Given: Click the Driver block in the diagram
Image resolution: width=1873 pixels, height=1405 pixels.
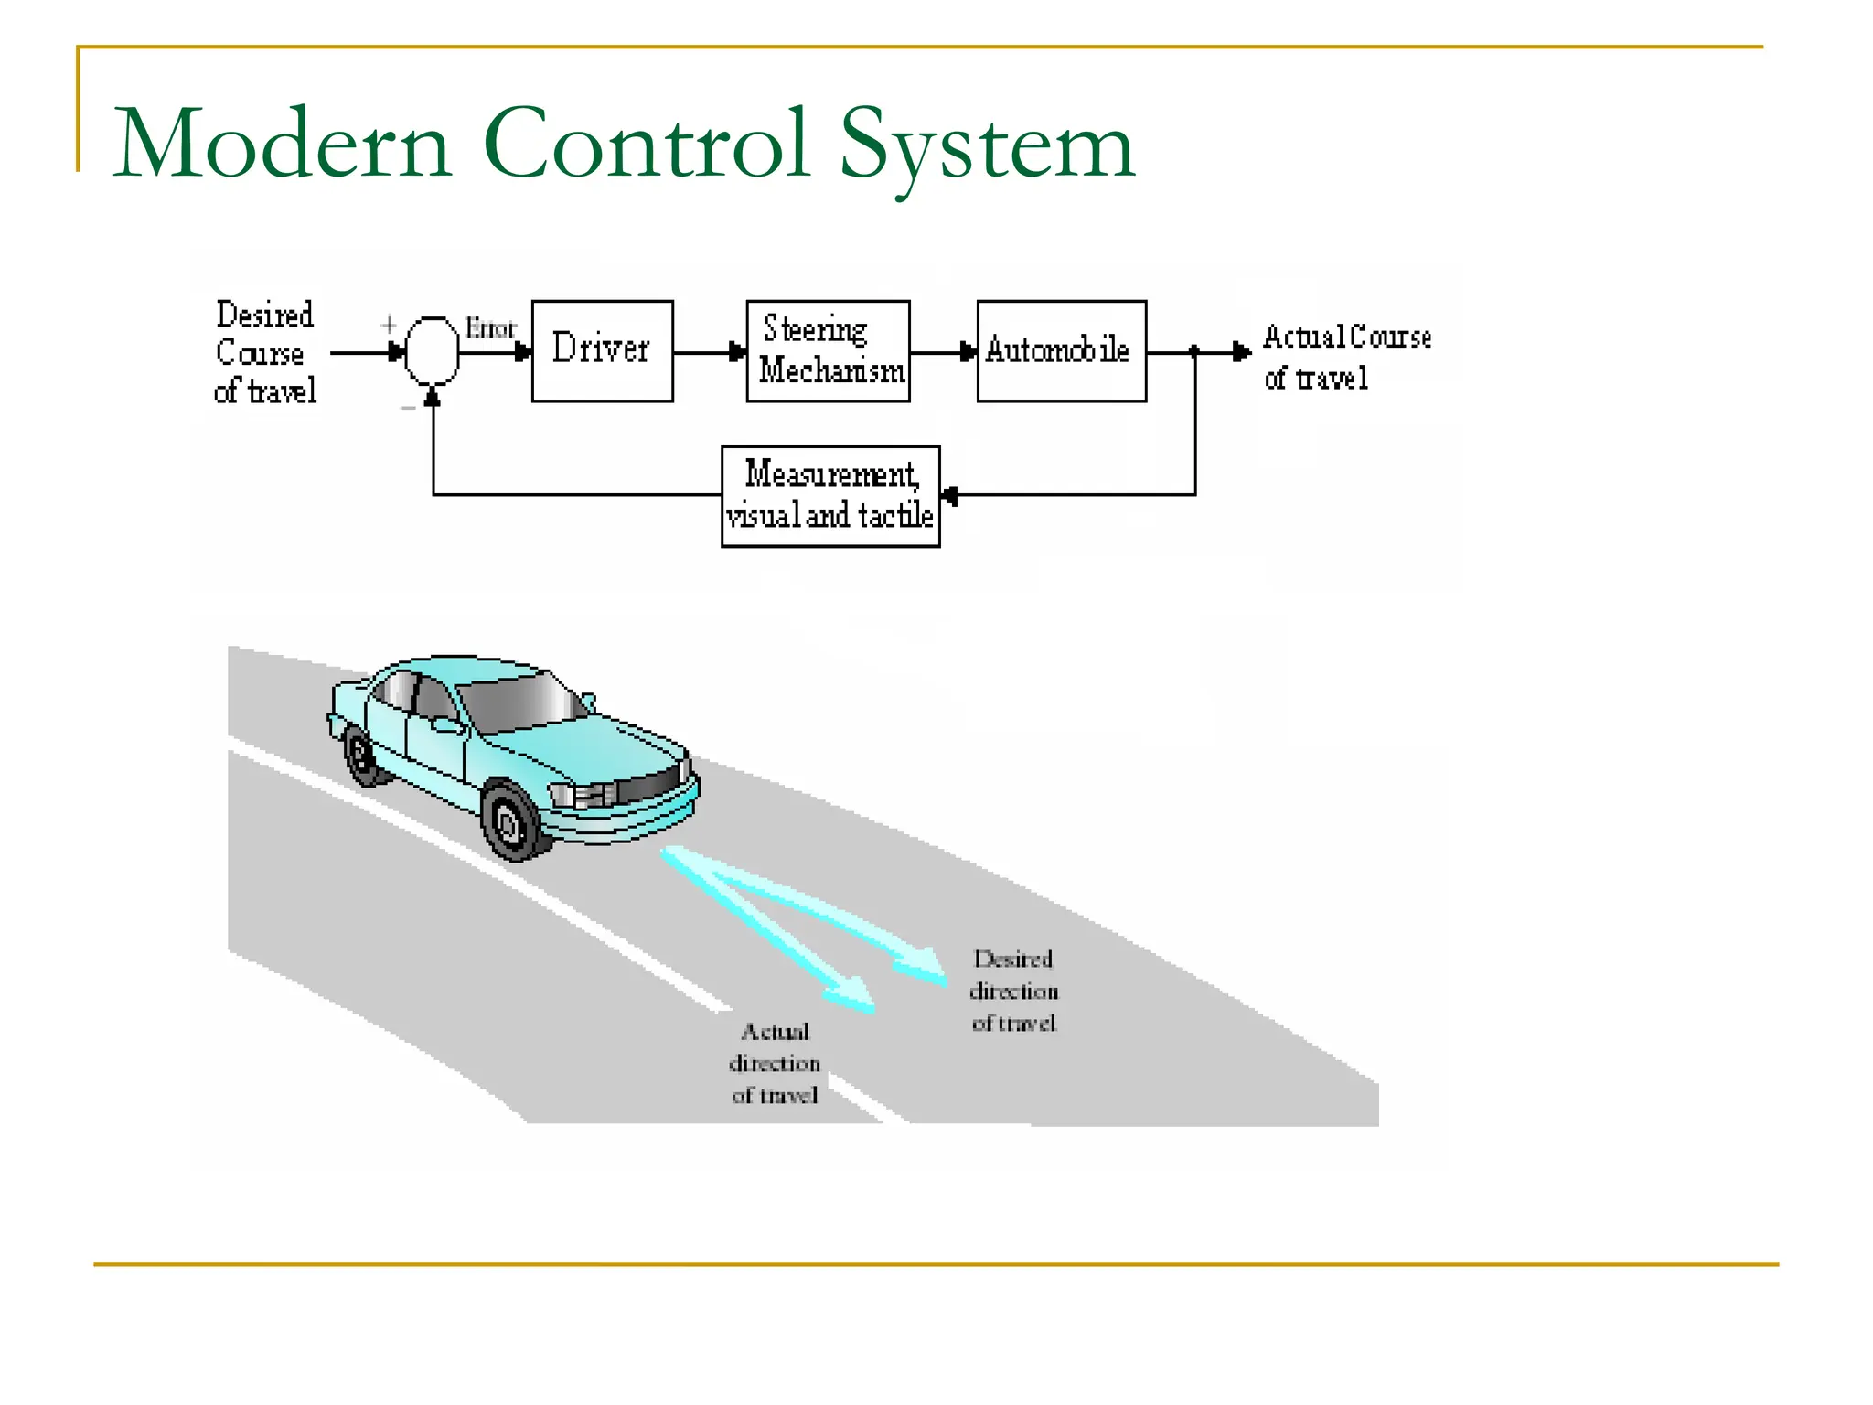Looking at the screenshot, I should point(602,350).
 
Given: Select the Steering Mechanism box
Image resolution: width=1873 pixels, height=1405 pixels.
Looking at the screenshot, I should point(828,350).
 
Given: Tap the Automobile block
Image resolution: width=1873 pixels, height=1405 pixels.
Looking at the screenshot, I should point(1061,350).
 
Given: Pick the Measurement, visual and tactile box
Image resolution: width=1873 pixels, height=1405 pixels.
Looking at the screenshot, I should point(829,496).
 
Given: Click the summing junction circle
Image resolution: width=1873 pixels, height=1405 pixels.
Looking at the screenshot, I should point(432,351).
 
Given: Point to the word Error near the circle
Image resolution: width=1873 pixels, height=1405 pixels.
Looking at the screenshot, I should point(490,328).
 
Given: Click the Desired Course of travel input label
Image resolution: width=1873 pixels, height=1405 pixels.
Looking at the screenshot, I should point(265,353).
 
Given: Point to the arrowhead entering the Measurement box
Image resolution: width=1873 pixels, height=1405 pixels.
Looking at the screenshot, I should point(949,495).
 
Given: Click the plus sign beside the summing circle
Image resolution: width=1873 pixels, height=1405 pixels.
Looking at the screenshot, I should point(389,325).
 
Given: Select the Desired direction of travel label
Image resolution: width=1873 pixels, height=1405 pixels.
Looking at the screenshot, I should point(1013,991).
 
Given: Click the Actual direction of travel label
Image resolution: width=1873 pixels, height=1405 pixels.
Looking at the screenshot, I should point(775,1063).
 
